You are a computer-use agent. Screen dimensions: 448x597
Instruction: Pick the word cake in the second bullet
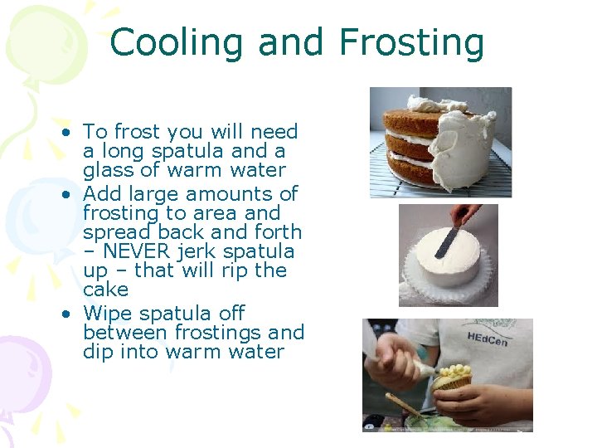105,290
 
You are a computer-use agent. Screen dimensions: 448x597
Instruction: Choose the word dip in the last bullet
98,352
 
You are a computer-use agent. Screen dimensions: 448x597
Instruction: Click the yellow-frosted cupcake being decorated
452,377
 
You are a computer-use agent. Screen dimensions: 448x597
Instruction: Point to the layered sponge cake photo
439,142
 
